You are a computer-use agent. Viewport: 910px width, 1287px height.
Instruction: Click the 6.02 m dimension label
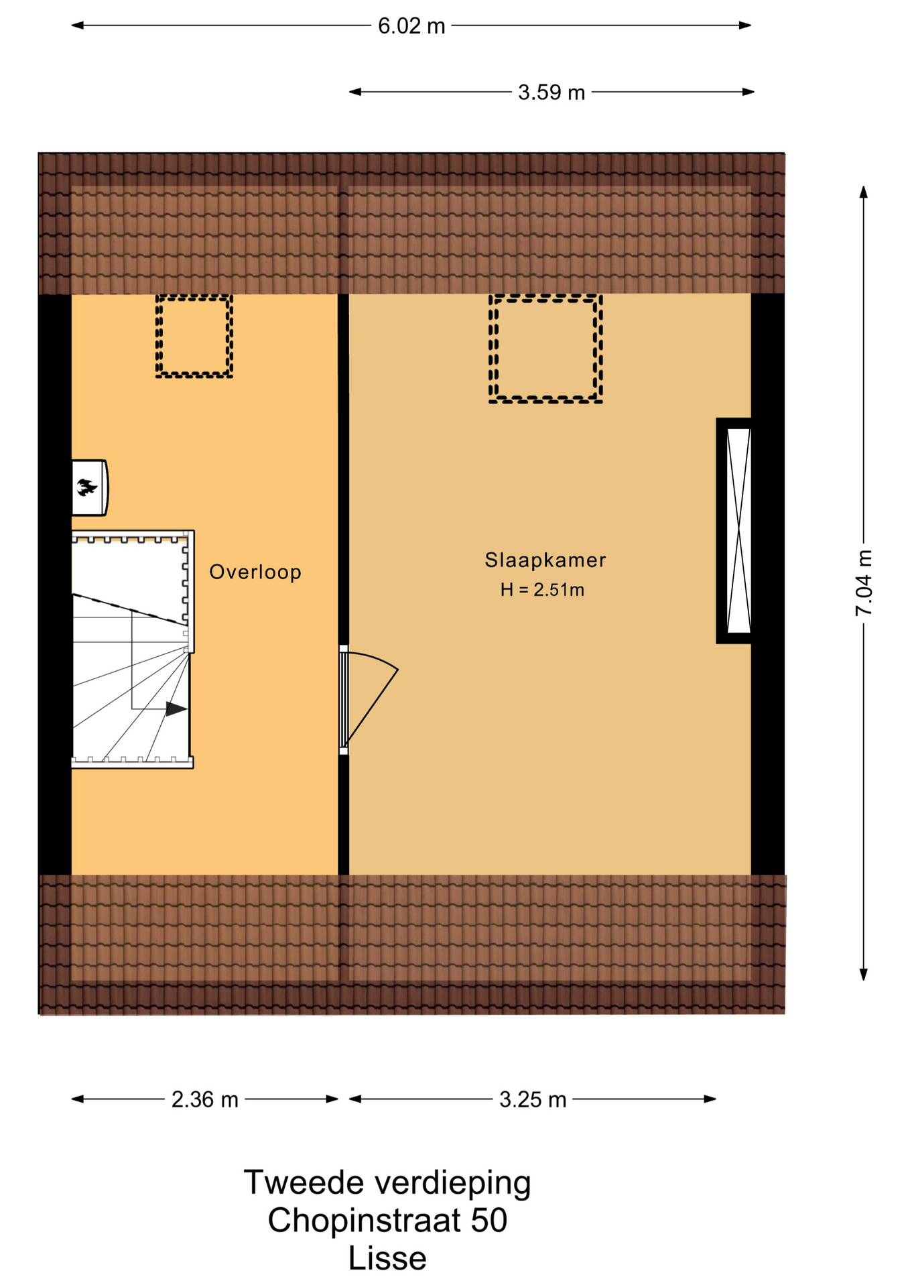(411, 26)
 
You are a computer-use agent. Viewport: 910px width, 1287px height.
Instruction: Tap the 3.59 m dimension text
(551, 92)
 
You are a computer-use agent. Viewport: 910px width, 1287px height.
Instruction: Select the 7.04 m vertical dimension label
(864, 583)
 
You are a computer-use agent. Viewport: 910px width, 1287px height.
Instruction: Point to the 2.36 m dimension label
(205, 1100)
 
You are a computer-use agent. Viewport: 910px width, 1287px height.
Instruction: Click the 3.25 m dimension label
(533, 1100)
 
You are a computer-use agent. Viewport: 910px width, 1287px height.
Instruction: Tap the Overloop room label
(255, 572)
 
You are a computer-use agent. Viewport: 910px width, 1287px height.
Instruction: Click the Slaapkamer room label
(545, 560)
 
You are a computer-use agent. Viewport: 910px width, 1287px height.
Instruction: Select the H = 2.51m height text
(542, 590)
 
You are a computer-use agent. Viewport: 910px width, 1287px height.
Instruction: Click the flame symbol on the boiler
(86, 487)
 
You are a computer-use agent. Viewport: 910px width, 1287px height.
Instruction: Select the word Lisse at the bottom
(387, 1259)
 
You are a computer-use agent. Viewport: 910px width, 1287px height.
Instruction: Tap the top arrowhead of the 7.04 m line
(864, 192)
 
